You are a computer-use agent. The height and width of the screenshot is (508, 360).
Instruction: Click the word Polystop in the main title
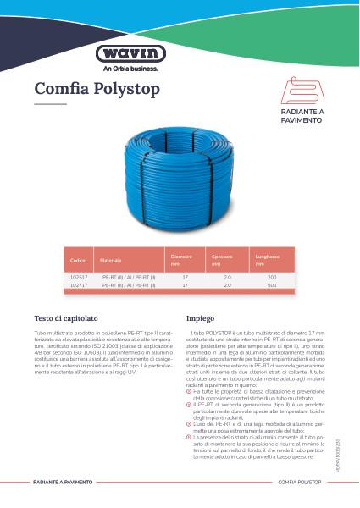pyautogui.click(x=128, y=89)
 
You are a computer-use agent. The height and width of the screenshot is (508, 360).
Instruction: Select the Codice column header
pyautogui.click(x=79, y=259)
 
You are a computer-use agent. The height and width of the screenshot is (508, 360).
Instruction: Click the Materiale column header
pyautogui.click(x=111, y=259)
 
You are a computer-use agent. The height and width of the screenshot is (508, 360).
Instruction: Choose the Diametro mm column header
pyautogui.click(x=182, y=259)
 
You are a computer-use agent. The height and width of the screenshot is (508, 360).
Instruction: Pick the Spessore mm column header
pyautogui.click(x=222, y=259)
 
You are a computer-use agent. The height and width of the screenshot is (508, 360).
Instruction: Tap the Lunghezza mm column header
pyautogui.click(x=272, y=259)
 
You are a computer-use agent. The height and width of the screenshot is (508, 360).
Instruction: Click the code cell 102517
pyautogui.click(x=78, y=278)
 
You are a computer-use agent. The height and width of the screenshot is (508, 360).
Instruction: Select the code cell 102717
pyautogui.click(x=78, y=285)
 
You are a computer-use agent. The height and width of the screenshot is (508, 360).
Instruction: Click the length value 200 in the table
pyautogui.click(x=272, y=278)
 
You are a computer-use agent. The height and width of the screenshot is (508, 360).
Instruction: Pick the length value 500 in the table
pyautogui.click(x=272, y=285)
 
